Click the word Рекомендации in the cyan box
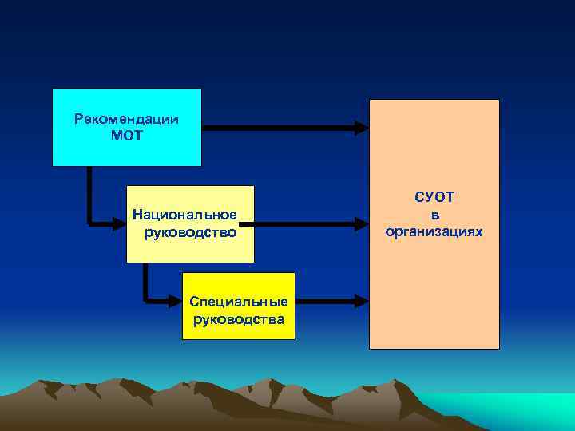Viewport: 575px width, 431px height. coord(126,119)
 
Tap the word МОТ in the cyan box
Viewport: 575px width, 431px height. coord(126,136)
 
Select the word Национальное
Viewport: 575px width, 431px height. coord(184,215)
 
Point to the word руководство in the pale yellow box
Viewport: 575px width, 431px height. coord(190,232)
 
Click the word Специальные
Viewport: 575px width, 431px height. coord(239,302)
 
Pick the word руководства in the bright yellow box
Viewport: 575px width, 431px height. coord(239,319)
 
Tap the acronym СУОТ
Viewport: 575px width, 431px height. coord(434,196)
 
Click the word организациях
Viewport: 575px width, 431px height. coord(434,231)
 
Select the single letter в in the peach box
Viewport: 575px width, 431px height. coord(434,214)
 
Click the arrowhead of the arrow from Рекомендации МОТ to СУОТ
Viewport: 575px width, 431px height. coord(362,126)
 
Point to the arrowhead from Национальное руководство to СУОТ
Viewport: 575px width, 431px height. coord(362,224)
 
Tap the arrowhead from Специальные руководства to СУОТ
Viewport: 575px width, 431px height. coord(362,302)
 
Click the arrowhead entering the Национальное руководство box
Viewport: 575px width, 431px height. coord(119,225)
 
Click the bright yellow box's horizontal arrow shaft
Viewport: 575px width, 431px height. coord(324,302)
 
